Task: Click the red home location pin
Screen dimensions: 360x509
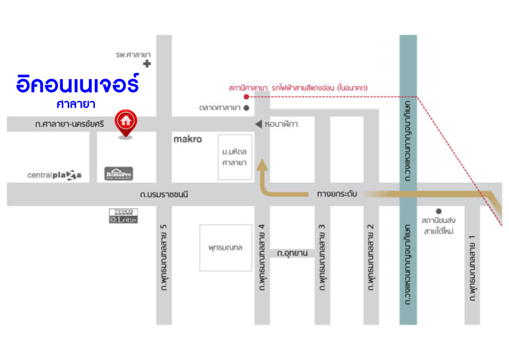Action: [126, 122]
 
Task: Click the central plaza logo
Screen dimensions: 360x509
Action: [54, 175]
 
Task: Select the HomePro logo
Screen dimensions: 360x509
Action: [118, 173]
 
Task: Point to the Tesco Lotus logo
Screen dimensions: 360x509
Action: [123, 216]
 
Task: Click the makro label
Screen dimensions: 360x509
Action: [187, 139]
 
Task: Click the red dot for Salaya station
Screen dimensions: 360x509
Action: [246, 97]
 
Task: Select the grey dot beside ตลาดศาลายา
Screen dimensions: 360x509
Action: [246, 108]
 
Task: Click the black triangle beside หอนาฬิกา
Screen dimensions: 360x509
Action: [258, 124]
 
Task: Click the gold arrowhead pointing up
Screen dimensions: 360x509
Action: [262, 164]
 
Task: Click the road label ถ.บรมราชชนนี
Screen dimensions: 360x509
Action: [165, 195]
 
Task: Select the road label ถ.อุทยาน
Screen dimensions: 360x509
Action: [292, 253]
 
